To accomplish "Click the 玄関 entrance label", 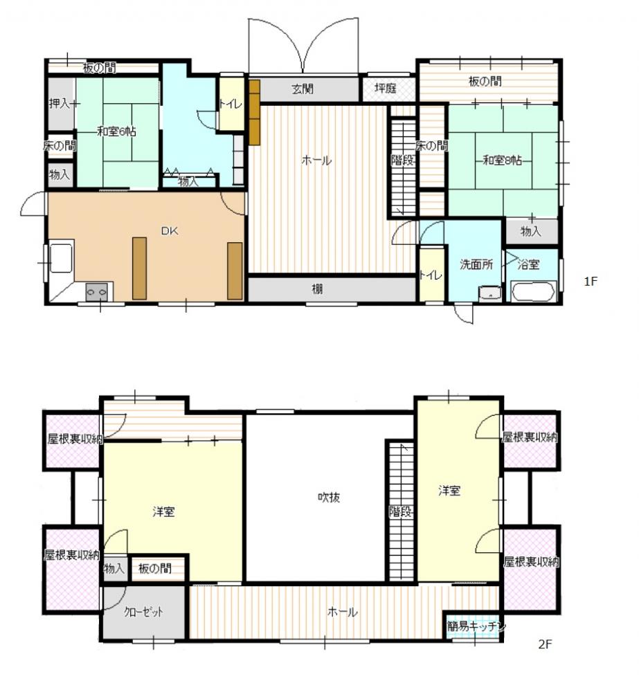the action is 303,89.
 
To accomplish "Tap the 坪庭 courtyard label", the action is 386,89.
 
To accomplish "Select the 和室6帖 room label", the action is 116,131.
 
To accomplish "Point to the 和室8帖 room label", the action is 502,160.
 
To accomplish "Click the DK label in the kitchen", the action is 170,231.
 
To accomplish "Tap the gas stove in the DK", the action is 97,292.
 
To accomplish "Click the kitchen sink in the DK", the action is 62,259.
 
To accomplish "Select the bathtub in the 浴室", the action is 532,292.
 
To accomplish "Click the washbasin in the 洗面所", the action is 489,293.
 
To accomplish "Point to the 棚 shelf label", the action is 317,289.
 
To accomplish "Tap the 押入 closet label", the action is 60,104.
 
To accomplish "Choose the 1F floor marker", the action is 591,281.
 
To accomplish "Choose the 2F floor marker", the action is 546,644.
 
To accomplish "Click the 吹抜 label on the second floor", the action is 329,498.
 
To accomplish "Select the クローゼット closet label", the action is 143,612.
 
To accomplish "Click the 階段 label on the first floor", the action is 402,160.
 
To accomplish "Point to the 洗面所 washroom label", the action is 476,264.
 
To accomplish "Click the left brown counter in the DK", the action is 140,268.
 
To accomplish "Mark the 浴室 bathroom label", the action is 528,264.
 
